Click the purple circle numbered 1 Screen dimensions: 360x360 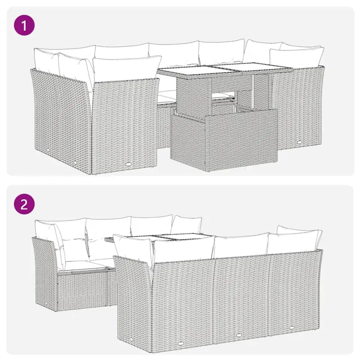tap(24, 26)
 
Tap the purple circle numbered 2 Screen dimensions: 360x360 tap(24, 205)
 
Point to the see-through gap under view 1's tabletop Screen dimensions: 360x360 tap(224, 95)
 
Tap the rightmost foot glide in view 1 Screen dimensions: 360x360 tap(299, 143)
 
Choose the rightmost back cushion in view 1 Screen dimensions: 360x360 tap(297, 57)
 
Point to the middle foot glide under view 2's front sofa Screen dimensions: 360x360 tap(238, 334)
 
